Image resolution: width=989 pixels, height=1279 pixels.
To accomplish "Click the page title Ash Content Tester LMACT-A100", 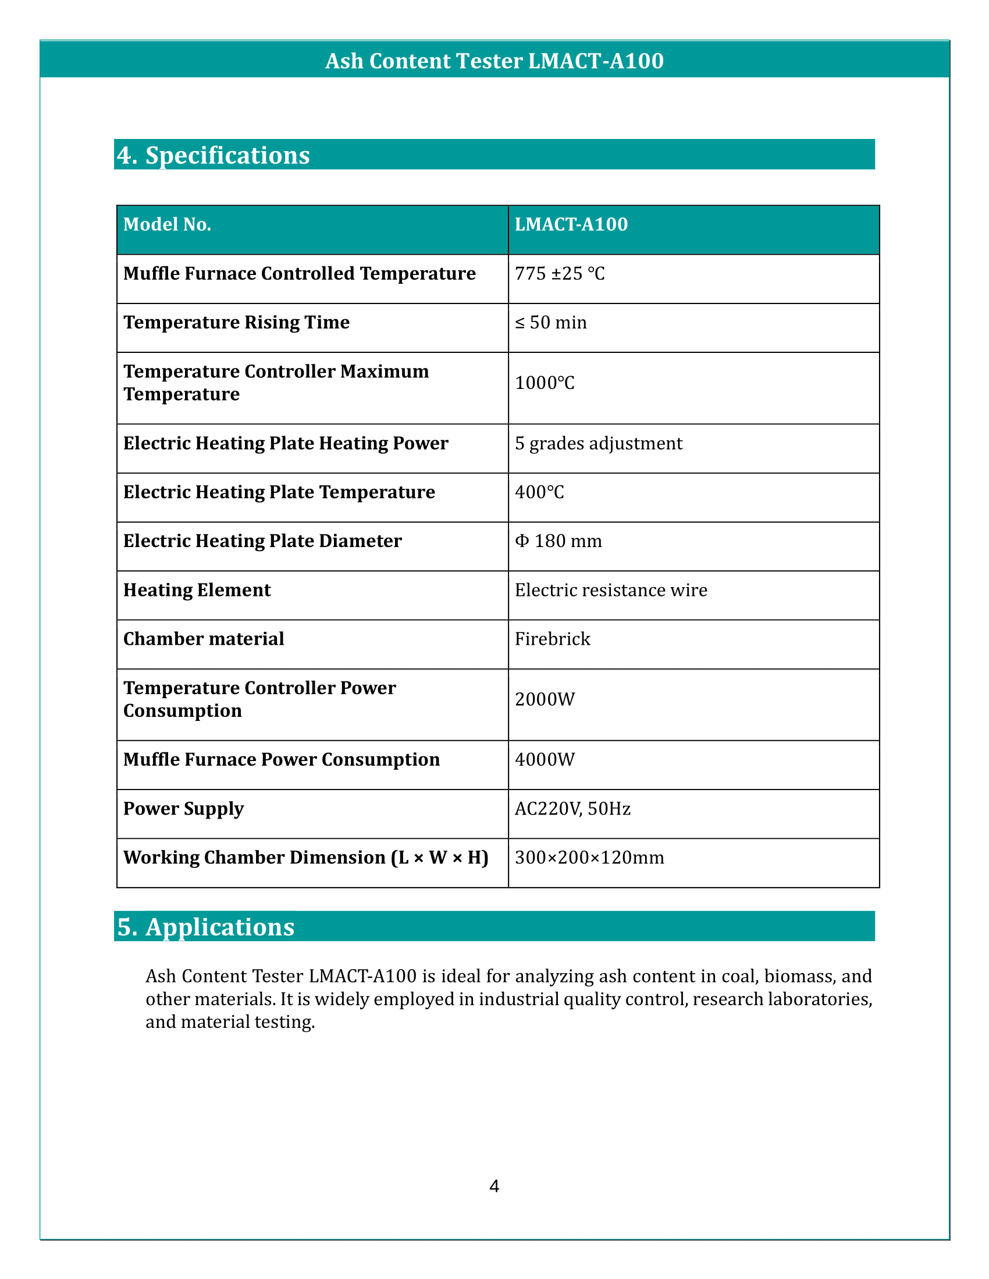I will (x=494, y=61).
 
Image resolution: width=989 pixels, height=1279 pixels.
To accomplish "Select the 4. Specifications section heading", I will (x=213, y=155).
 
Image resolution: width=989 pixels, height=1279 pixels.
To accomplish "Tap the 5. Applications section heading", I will (x=205, y=927).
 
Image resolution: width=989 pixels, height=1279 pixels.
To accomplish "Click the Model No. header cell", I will (x=167, y=224).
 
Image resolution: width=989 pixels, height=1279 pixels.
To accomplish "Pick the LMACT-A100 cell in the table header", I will (x=571, y=224).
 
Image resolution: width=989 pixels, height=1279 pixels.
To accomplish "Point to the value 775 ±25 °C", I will (x=560, y=273).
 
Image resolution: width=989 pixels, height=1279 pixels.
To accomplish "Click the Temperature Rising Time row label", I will (x=236, y=322).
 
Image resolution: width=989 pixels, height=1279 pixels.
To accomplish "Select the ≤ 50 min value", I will (x=551, y=323).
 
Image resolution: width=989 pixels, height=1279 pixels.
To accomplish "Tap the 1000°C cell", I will (x=545, y=383).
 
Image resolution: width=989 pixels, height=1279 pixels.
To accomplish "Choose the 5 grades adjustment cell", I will (x=598, y=444).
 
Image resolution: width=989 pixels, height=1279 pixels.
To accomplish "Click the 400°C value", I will (x=539, y=492).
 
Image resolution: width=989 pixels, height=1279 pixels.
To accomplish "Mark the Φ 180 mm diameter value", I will (x=558, y=541).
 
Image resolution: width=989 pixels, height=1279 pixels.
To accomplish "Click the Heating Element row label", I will (x=197, y=590).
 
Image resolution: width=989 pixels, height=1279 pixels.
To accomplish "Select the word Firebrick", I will (x=552, y=639).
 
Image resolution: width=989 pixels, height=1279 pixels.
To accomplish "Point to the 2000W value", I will (x=545, y=699).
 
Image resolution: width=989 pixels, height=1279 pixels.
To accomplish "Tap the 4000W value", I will (x=545, y=760).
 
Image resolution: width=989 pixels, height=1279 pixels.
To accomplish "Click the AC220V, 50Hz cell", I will (x=572, y=809).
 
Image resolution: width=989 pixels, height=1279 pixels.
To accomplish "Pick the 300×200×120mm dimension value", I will (x=589, y=858).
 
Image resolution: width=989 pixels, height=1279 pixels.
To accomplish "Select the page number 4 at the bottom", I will (x=494, y=1187).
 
